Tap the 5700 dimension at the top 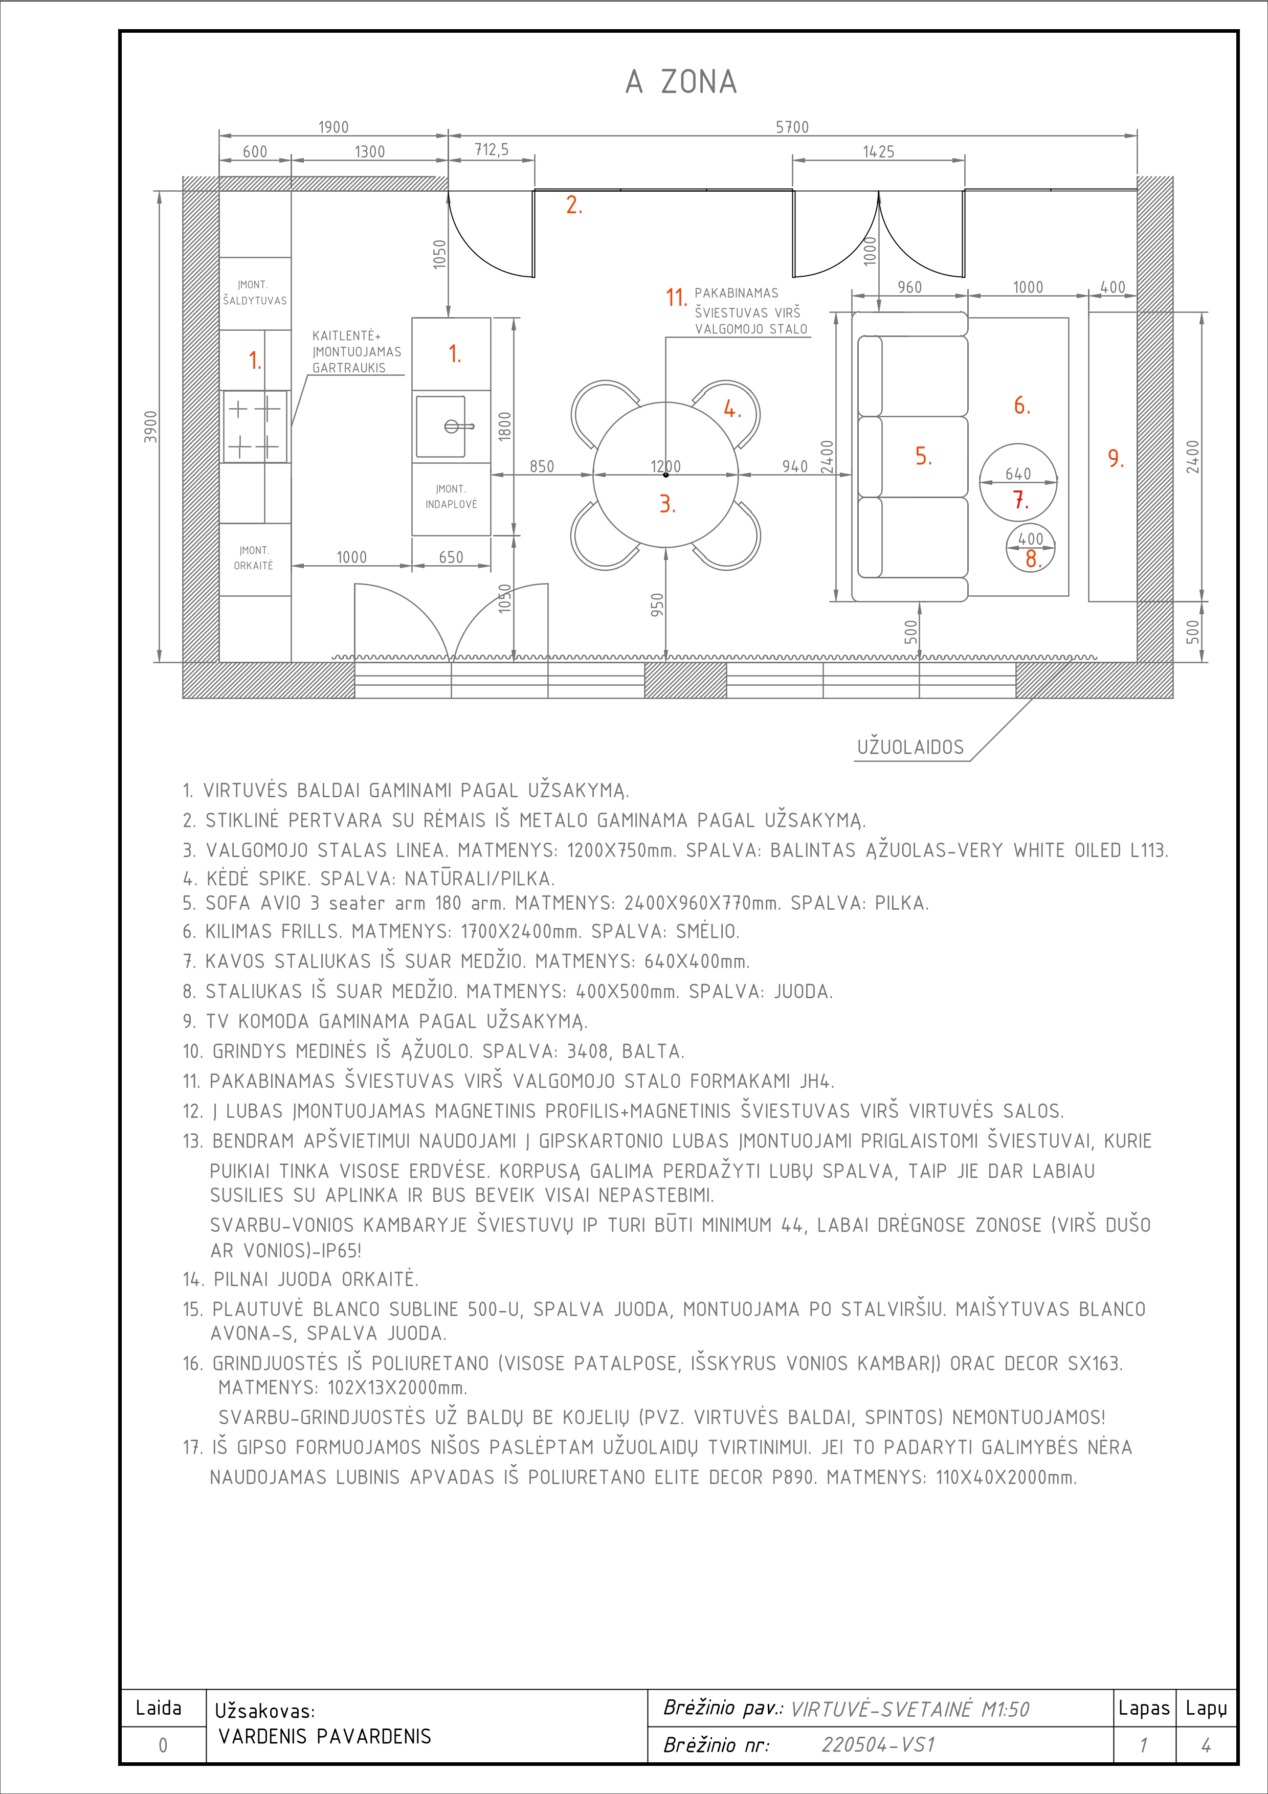pyautogui.click(x=792, y=127)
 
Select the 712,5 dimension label pyautogui.click(x=492, y=149)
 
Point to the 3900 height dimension pyautogui.click(x=151, y=427)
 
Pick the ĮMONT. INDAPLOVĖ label pyautogui.click(x=451, y=496)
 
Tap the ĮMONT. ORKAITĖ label pyautogui.click(x=254, y=558)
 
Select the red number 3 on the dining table pyautogui.click(x=666, y=504)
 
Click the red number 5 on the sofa pyautogui.click(x=923, y=456)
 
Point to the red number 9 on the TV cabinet pyautogui.click(x=1116, y=459)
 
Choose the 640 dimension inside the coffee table pyautogui.click(x=1018, y=474)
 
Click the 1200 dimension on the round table pyautogui.click(x=665, y=466)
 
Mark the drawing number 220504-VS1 pyautogui.click(x=878, y=1745)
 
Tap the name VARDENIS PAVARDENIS pyautogui.click(x=324, y=1736)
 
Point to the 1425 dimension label pyautogui.click(x=878, y=151)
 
